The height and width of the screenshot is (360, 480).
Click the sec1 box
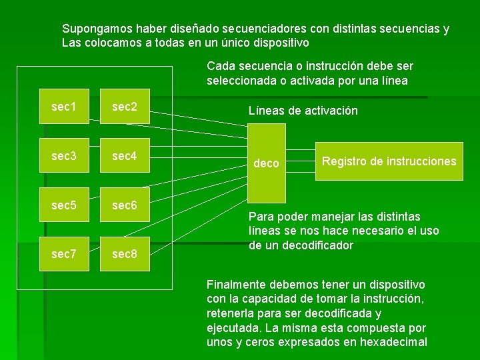63,107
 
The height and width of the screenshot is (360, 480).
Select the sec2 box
125,107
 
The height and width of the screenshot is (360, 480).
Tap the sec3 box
63,156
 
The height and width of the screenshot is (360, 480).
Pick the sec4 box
125,156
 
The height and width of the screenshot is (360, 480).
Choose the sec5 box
63,205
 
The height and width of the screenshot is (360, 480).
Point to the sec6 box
125,205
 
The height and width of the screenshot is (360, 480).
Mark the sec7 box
63,254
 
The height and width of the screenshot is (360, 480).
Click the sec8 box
125,254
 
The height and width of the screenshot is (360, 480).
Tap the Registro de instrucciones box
389,161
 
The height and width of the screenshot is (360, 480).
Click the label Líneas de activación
303,111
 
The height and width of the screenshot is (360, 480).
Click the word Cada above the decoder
220,66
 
